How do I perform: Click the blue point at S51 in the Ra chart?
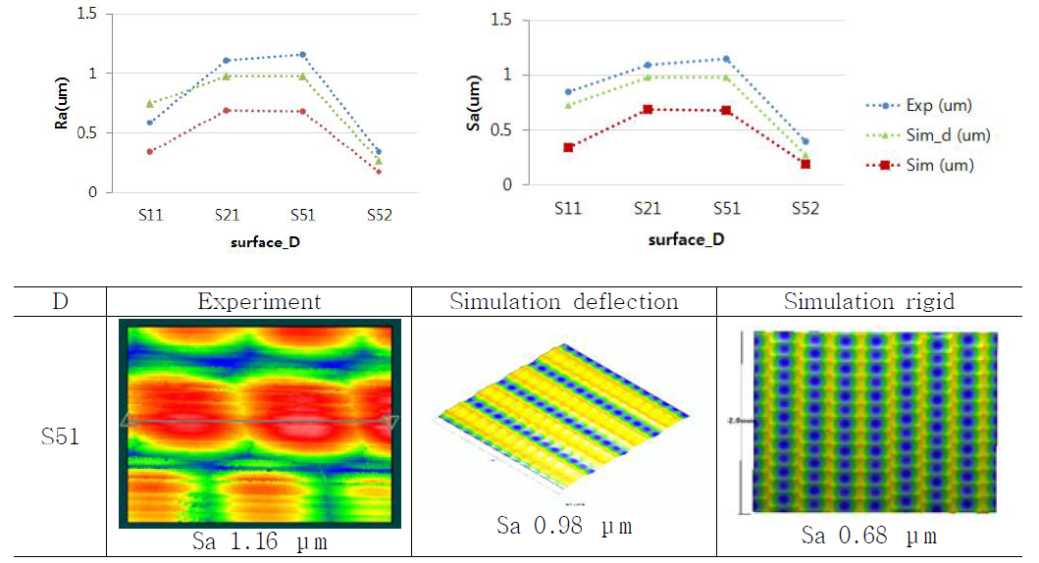[303, 55]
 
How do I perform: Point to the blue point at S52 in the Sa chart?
[805, 141]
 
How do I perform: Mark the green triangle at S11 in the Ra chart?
[150, 103]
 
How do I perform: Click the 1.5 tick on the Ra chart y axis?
[85, 14]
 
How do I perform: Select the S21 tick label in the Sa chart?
[647, 208]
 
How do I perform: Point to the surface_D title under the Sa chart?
[686, 238]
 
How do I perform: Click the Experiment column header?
[258, 301]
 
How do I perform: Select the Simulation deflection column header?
[563, 301]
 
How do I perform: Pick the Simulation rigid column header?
[868, 301]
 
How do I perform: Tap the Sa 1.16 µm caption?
[258, 541]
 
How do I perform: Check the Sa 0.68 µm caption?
[868, 537]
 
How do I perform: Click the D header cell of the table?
[60, 301]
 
